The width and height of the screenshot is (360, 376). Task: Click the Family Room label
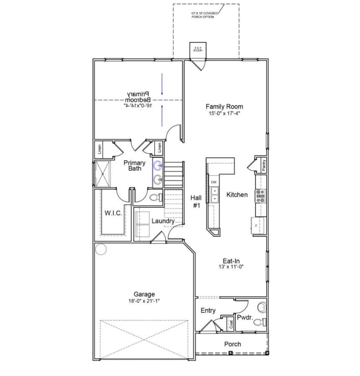224,107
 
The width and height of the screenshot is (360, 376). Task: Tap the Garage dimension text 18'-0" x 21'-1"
144,301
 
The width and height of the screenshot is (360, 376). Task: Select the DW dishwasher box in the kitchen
213,182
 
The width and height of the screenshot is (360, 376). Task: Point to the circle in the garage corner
101,250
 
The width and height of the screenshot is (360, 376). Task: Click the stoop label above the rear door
198,49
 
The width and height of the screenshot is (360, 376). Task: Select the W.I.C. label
113,213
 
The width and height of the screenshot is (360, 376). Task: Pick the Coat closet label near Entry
231,324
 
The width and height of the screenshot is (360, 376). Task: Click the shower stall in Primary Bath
103,173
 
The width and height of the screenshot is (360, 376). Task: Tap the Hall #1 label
196,201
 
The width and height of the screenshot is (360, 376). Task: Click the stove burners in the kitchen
261,196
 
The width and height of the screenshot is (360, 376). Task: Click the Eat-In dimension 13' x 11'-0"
231,267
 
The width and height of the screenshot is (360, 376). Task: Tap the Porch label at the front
232,344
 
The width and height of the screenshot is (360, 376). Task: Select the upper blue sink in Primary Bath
158,166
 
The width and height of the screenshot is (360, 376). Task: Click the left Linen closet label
100,149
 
